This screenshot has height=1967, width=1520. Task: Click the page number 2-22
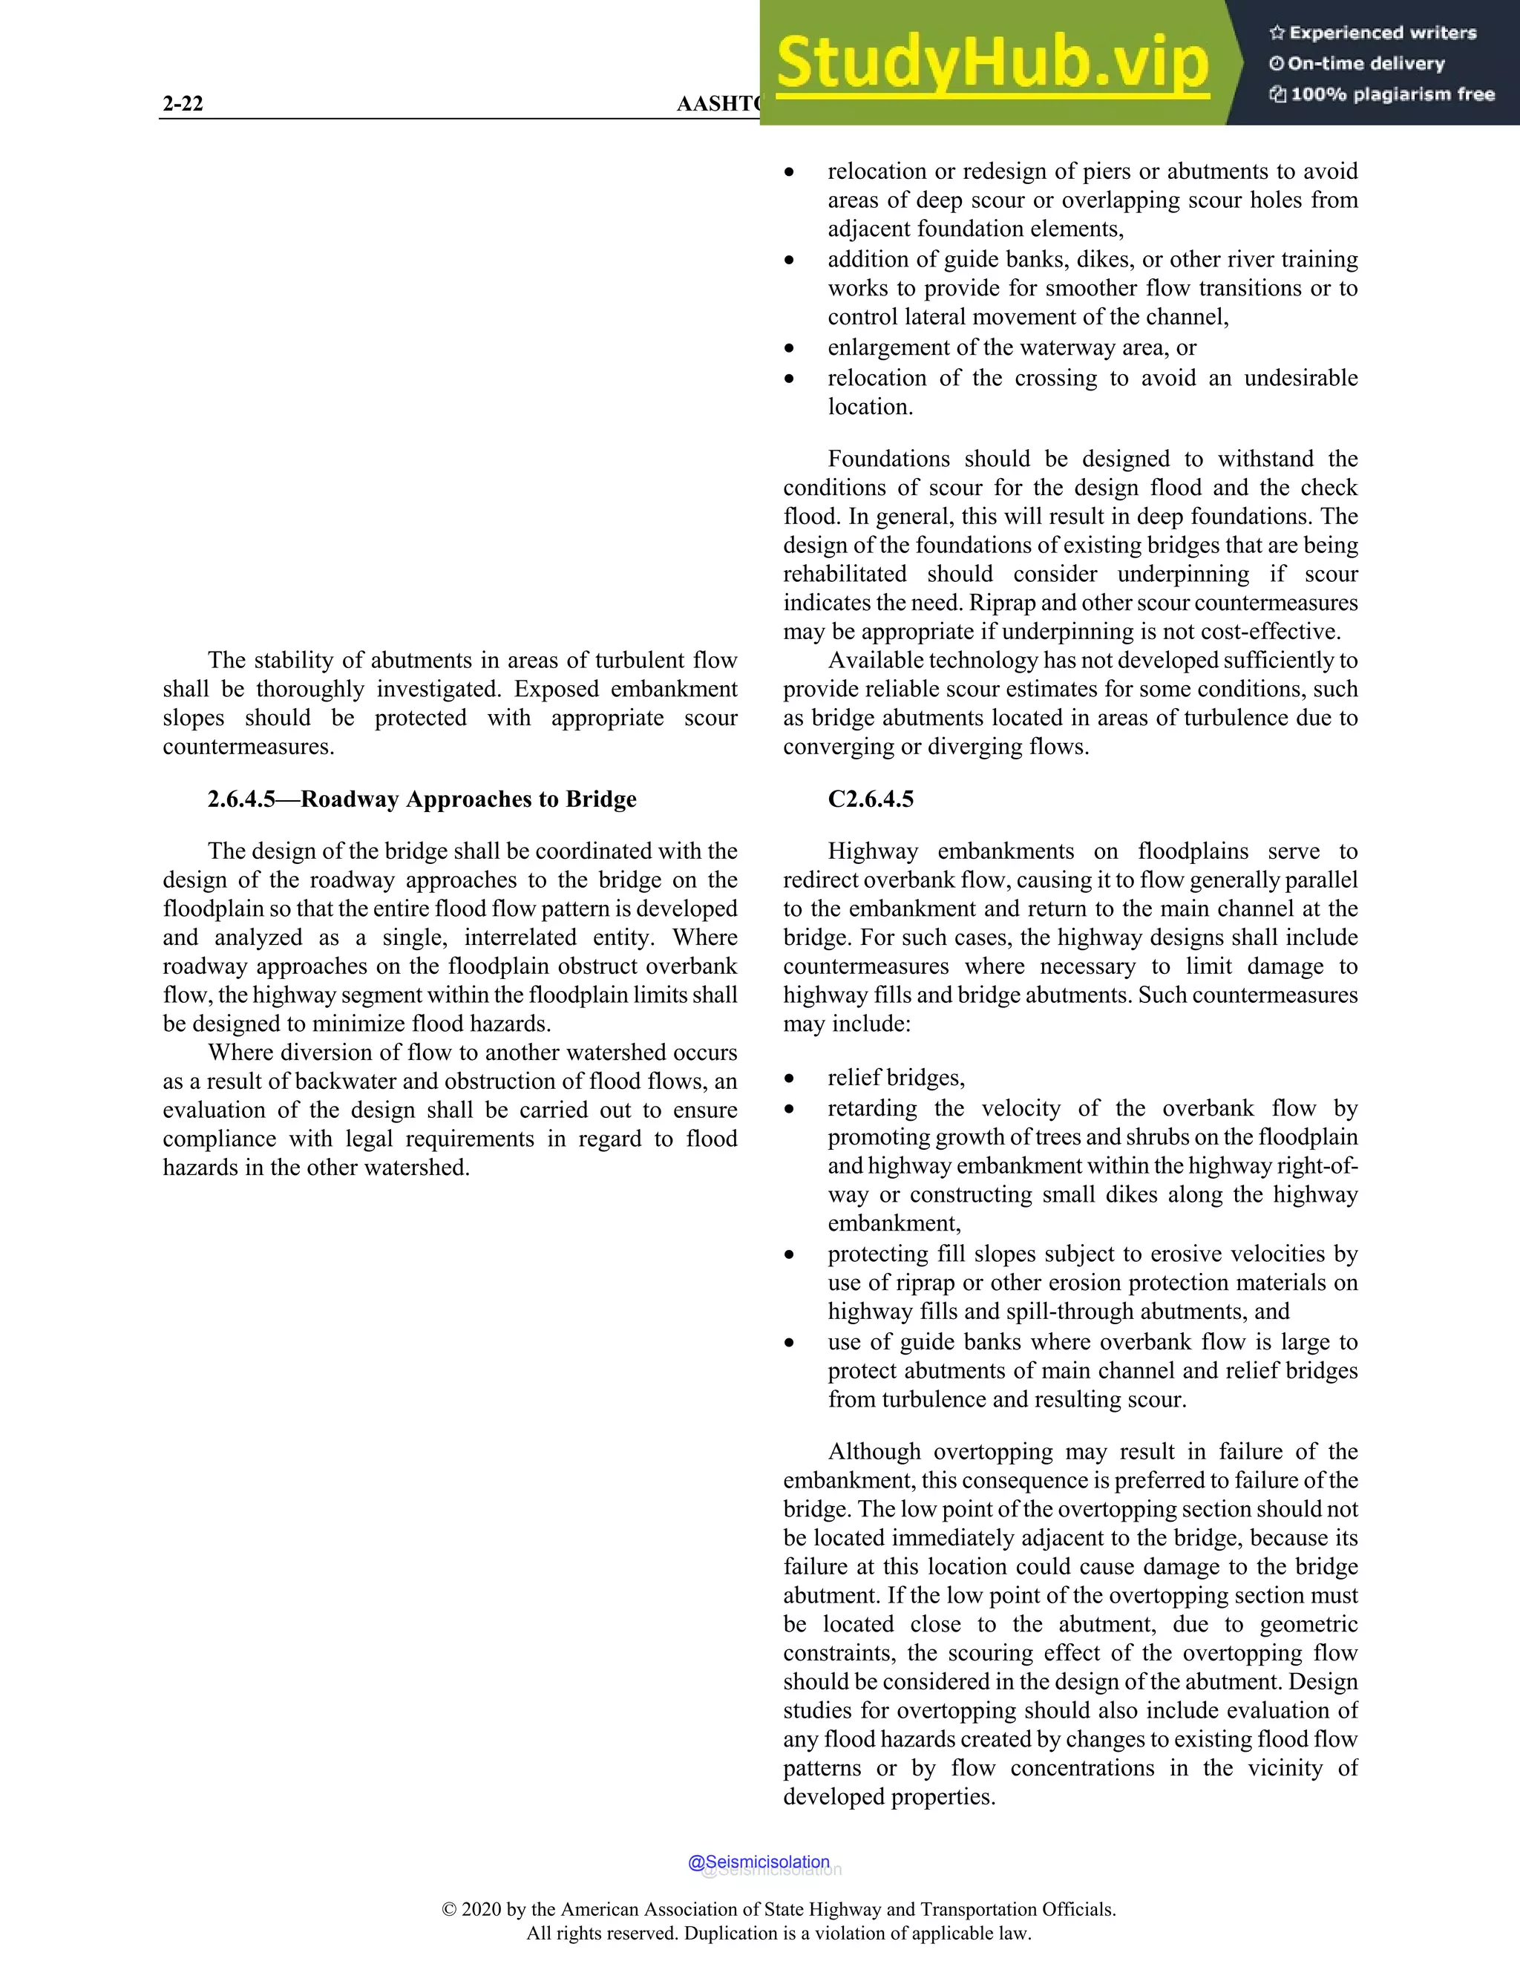tap(183, 104)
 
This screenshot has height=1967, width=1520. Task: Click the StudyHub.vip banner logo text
tap(992, 63)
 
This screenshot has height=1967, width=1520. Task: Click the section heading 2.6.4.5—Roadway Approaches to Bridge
tap(422, 799)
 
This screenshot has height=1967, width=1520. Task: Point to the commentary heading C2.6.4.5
tap(870, 799)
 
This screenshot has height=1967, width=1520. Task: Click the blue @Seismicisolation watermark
tap(759, 1862)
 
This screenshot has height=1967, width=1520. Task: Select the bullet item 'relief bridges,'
tap(896, 1077)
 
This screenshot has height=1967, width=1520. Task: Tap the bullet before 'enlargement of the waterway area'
tap(790, 349)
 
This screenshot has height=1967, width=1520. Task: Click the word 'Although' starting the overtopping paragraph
tap(874, 1451)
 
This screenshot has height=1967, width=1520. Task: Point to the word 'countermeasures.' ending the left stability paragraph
tap(249, 747)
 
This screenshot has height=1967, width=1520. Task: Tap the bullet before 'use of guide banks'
tap(790, 1343)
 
